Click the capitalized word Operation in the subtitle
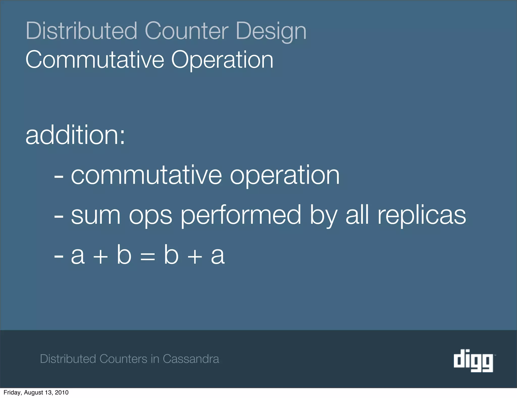(x=222, y=60)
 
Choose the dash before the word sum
(x=59, y=216)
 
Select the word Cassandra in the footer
(x=191, y=359)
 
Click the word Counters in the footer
(x=123, y=359)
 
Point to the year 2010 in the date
(x=62, y=392)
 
